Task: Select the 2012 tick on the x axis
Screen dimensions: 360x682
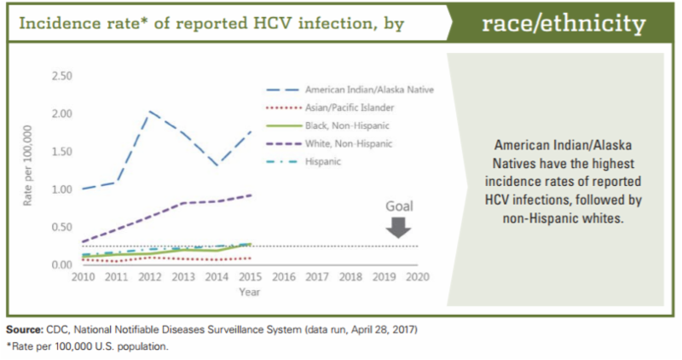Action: (x=150, y=278)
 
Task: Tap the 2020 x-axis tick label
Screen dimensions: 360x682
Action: (x=418, y=278)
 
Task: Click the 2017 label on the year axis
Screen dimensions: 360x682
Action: (x=317, y=278)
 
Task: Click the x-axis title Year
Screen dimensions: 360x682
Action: (x=250, y=292)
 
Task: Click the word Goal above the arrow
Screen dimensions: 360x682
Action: (x=401, y=206)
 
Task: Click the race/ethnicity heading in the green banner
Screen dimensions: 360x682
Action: (x=564, y=24)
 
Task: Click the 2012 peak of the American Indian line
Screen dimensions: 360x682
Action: (x=150, y=112)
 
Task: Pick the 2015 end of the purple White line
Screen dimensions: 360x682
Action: (x=251, y=195)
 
